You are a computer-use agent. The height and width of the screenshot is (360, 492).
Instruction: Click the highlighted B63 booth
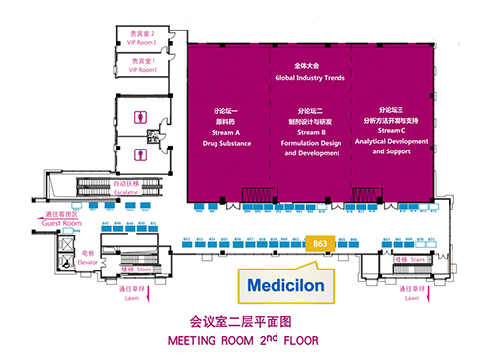click(x=319, y=242)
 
